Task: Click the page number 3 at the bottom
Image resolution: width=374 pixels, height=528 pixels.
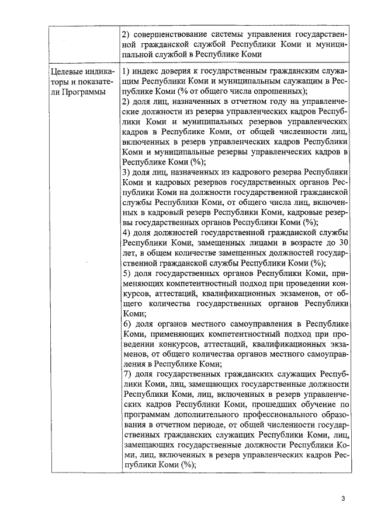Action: (344, 498)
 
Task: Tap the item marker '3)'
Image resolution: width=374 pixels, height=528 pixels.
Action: (127, 173)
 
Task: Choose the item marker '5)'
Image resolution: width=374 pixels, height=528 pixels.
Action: (127, 273)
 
